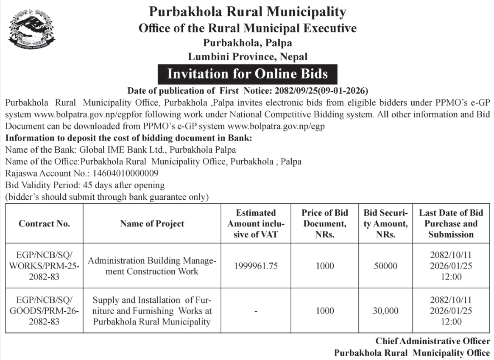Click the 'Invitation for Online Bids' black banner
click(x=248, y=74)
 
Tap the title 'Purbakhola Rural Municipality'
click(x=248, y=11)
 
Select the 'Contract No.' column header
click(x=44, y=224)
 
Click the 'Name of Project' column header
click(x=152, y=224)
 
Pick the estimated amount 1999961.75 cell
click(x=256, y=266)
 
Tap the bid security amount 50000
click(x=385, y=266)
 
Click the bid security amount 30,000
click(x=385, y=311)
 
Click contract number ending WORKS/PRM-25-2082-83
click(x=44, y=266)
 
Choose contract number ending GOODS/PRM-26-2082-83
click(x=44, y=311)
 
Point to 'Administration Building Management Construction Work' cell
click(x=152, y=266)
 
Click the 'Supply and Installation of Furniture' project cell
click(x=152, y=311)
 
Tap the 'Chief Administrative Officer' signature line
click(x=433, y=341)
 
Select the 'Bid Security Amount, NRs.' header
click(x=385, y=223)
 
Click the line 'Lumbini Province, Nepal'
click(x=248, y=56)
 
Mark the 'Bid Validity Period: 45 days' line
click(x=85, y=185)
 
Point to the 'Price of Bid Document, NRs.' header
click(x=324, y=223)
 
